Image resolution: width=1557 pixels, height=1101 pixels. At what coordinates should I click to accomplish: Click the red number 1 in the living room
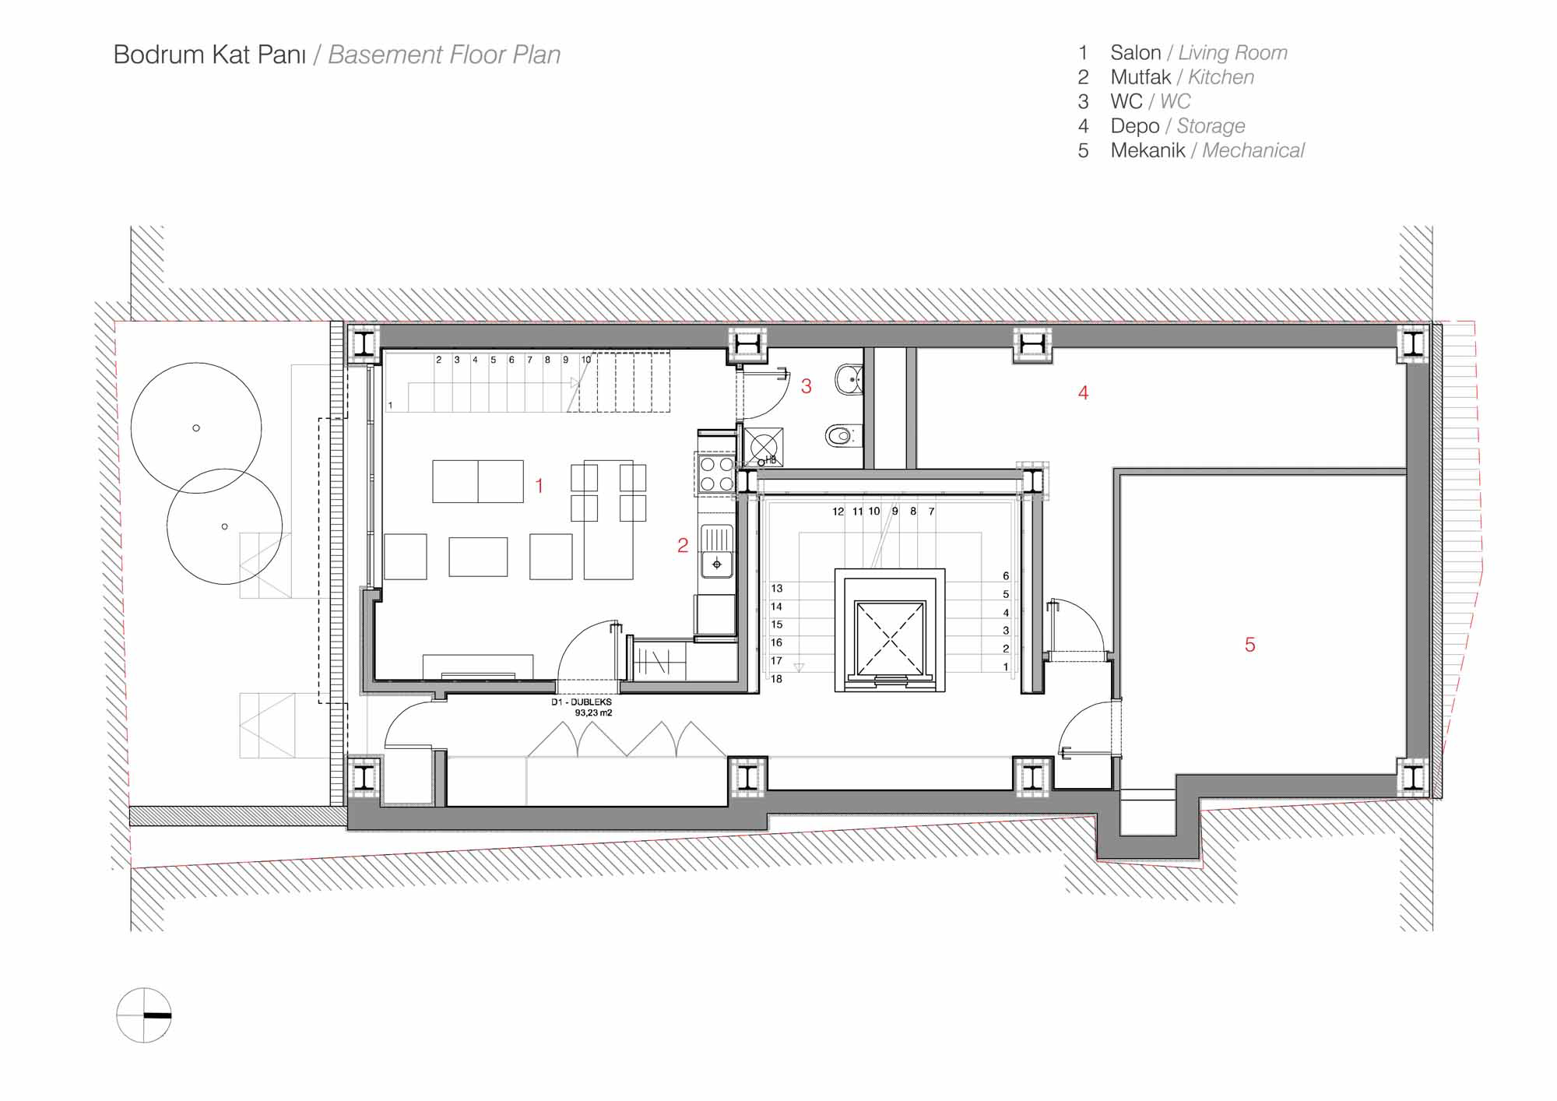(540, 486)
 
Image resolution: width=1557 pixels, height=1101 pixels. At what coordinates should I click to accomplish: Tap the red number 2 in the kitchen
(683, 546)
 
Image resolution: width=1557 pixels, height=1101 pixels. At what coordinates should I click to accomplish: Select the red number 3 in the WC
(807, 386)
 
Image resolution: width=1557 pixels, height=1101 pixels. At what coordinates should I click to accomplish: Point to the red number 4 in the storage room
(1083, 393)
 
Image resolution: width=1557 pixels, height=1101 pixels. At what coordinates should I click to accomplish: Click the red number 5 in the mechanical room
(1250, 645)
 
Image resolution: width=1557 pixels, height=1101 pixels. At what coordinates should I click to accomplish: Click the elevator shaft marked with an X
(890, 638)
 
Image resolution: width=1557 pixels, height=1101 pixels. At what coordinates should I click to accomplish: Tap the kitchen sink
(716, 551)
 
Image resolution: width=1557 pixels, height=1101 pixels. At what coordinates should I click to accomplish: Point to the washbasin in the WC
(848, 380)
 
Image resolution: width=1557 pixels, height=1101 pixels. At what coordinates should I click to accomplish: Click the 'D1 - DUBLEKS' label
(582, 702)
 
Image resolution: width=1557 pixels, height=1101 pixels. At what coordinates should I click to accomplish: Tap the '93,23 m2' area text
(593, 712)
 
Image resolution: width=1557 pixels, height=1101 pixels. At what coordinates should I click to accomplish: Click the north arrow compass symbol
(144, 1015)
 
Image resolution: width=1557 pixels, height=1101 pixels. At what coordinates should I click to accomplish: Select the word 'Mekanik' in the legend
(1148, 150)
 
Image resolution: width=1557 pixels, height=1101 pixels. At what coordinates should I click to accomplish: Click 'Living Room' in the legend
(1232, 53)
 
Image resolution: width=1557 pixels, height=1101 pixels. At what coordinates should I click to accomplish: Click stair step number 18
(776, 679)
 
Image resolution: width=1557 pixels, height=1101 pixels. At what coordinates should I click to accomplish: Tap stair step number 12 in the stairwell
(838, 512)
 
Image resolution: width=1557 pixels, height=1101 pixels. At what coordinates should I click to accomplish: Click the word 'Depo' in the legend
(1135, 126)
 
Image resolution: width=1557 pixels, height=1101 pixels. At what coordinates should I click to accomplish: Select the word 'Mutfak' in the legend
(1141, 77)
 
